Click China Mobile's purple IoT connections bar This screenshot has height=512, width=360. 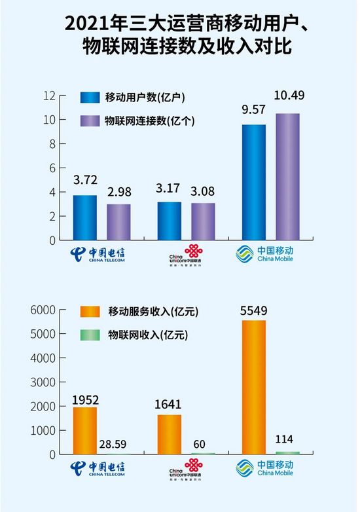pos(287,177)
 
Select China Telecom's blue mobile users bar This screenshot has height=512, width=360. pos(84,217)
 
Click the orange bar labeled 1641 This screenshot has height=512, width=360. pos(170,434)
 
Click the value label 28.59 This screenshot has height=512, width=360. pos(118,444)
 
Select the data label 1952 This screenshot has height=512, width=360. pos(84,398)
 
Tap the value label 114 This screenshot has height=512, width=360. pos(288,441)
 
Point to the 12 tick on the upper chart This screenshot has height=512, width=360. pos(49,96)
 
